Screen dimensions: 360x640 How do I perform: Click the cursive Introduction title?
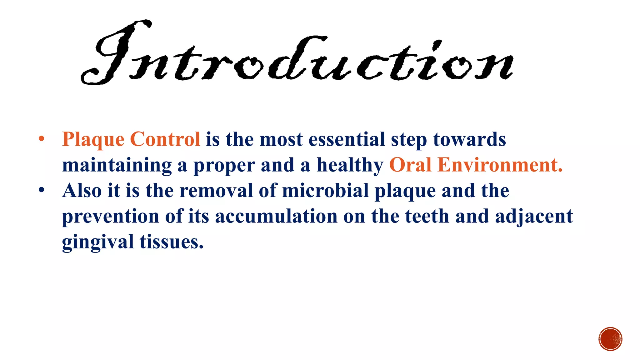[x=297, y=53]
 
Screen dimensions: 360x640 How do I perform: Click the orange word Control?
[x=165, y=139]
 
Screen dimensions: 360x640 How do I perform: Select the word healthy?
[x=350, y=165]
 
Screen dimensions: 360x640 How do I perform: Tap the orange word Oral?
[x=410, y=165]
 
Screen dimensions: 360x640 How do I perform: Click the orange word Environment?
[x=500, y=165]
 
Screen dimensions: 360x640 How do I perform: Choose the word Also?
[x=82, y=190]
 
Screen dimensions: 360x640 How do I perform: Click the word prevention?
[x=111, y=216]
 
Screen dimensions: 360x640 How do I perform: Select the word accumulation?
[x=276, y=216]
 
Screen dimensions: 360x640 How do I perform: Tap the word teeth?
[x=427, y=216]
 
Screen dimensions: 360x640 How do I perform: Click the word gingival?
[x=98, y=242]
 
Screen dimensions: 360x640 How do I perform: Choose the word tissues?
[x=171, y=242]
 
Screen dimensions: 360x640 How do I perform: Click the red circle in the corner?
[x=610, y=339]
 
